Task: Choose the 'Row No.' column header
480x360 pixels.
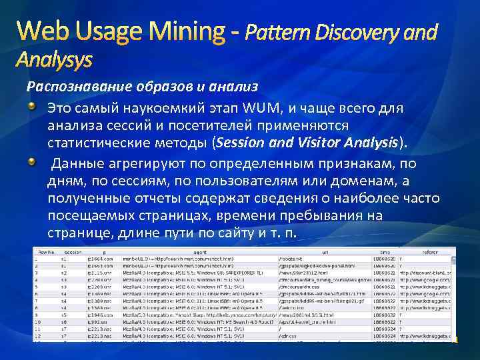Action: coord(45,253)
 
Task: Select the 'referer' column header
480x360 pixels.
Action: coord(429,253)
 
